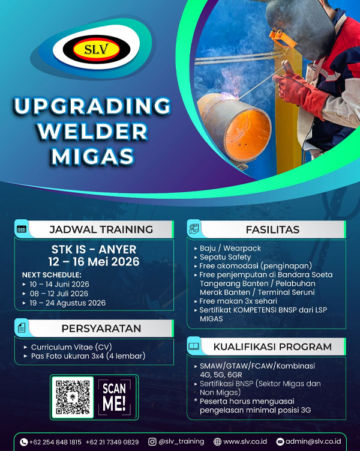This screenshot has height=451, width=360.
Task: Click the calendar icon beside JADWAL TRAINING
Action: [22, 229]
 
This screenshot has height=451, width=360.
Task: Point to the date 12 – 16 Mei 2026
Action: [93, 261]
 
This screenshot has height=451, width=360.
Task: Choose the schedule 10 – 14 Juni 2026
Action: [59, 283]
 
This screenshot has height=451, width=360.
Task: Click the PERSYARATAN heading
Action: [101, 328]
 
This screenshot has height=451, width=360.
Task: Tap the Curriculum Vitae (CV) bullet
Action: [71, 347]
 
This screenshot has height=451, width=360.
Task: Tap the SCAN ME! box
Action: [114, 396]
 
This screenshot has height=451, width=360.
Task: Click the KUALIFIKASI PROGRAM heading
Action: [272, 347]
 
